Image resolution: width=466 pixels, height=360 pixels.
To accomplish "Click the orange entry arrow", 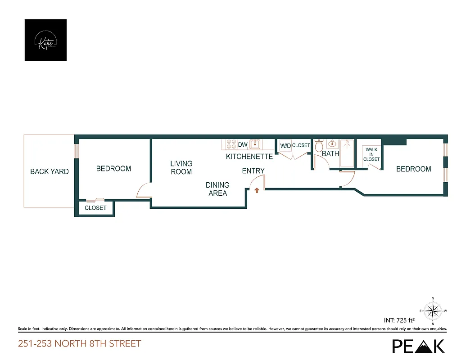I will (x=257, y=191).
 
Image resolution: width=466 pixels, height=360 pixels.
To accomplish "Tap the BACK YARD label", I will (x=50, y=171).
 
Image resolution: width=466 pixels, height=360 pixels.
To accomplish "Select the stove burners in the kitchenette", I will (x=231, y=144).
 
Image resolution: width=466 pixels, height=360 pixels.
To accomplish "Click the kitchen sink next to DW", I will (x=255, y=144).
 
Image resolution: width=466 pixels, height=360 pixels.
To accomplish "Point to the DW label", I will (x=243, y=145).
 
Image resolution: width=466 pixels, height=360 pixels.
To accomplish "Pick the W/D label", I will (x=285, y=146).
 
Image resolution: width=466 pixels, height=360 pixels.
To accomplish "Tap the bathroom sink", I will (x=332, y=144).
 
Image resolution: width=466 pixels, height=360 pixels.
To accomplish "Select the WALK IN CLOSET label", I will (x=371, y=154).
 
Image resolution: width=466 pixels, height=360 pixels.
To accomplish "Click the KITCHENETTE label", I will (x=249, y=157).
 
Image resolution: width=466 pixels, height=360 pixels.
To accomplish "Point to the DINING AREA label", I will (x=217, y=189).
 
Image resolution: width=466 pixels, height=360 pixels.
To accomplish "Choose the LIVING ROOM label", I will (x=181, y=167).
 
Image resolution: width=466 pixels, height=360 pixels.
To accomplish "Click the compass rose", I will (x=433, y=310).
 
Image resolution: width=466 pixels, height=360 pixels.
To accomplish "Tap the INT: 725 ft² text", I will (x=399, y=321).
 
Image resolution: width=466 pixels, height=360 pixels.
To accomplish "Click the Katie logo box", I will (x=45, y=40).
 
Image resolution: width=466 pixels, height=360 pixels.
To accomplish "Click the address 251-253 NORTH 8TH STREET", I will (x=79, y=344).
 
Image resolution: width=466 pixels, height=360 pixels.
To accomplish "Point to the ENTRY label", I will (x=253, y=171).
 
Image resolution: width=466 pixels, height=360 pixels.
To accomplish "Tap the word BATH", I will (x=330, y=153).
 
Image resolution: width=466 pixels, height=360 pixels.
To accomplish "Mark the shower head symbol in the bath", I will (x=347, y=145).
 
